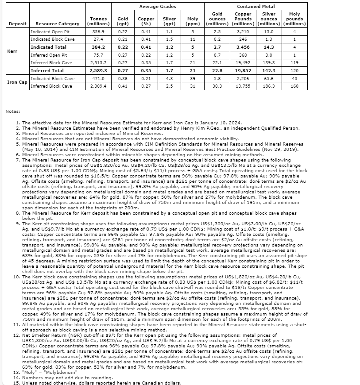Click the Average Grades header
pos(158,7)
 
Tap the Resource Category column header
pos(57,23)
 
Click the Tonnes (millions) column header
pos(98,21)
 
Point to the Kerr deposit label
pos(12,51)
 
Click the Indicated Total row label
pos(49,47)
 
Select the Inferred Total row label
pos(47,70)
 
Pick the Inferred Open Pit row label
pos(49,55)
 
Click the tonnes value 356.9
pos(98,31)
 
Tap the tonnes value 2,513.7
pos(98,63)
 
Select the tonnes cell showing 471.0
pos(98,78)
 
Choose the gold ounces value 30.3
pos(217,86)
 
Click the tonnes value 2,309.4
pos(98,86)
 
